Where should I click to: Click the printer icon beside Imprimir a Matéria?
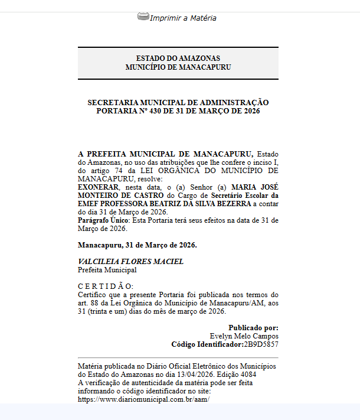coord(143,17)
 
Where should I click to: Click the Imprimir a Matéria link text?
coord(183,18)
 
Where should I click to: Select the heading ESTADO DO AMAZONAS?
coord(178,58)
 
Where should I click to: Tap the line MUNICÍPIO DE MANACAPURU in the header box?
coord(178,67)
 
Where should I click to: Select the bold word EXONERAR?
coord(94,187)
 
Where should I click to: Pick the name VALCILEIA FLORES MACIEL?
coord(130,261)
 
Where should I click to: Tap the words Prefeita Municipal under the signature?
coord(107,270)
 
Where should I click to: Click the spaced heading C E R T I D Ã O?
coord(106,286)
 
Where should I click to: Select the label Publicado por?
coord(253,327)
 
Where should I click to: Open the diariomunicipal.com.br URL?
coord(144,399)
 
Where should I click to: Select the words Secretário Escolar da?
coord(245,195)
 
